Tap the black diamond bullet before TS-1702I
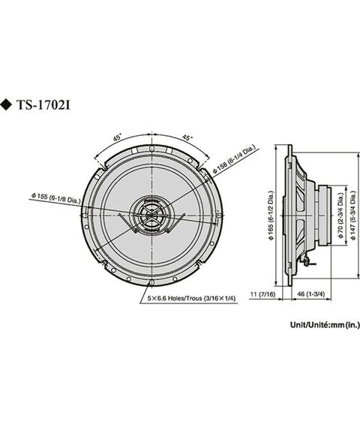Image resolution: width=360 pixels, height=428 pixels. click(7, 104)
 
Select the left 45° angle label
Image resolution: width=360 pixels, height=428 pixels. click(118, 138)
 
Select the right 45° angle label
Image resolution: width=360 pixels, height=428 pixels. click(187, 138)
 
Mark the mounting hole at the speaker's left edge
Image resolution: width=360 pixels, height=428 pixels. click(87, 218)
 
